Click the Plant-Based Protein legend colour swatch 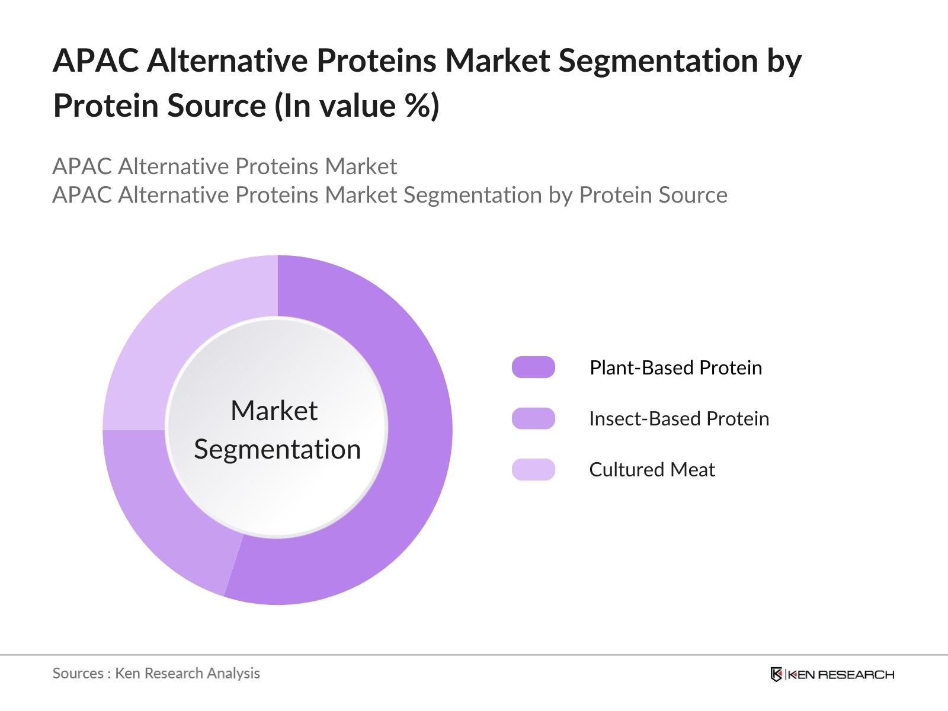(533, 367)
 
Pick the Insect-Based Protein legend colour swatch (533, 418)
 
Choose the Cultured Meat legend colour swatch (533, 469)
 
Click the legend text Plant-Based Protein (675, 368)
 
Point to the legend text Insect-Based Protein (679, 419)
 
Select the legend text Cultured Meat (652, 470)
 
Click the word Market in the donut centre (274, 411)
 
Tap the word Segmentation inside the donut (277, 449)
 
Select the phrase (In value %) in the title (357, 107)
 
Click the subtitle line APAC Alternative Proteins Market (225, 166)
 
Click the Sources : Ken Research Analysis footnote (156, 674)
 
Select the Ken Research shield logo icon (776, 674)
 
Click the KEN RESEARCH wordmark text (841, 674)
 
